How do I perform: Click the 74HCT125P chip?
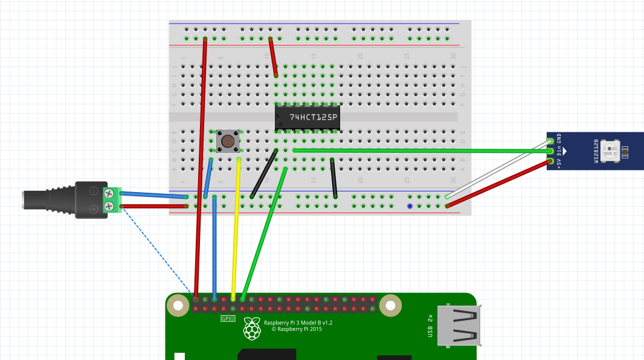coord(307,117)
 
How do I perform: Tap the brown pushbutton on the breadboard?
coord(228,141)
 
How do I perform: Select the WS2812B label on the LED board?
coord(596,151)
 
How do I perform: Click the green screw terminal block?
coord(111,201)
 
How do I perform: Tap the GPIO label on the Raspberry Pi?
coord(228,318)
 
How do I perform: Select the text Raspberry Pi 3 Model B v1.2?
coord(298,323)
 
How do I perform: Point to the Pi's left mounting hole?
coord(178,306)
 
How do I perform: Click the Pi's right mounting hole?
coord(390,306)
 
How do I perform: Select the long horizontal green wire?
coord(423,150)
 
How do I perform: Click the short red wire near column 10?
coord(273,57)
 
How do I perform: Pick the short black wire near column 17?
coord(333,178)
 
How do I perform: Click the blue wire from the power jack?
coord(154,195)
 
